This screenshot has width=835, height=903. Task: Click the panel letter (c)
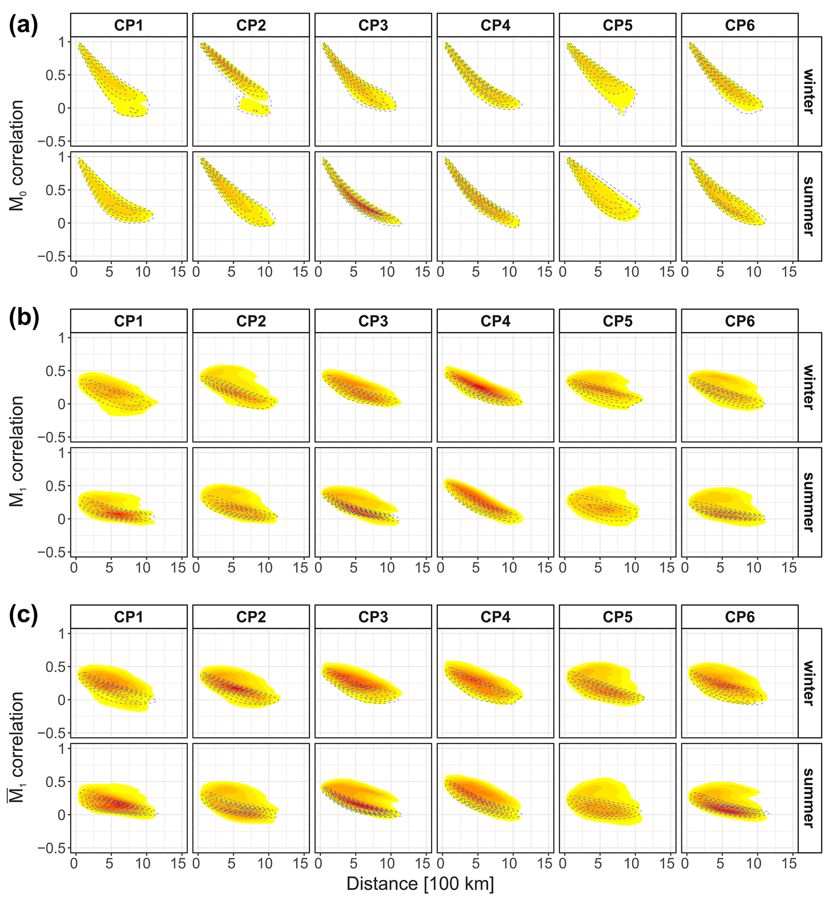coord(23,615)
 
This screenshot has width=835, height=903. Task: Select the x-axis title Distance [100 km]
coord(420,884)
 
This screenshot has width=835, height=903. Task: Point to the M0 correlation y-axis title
coord(17,156)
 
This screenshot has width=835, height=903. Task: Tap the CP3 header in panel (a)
coord(373,25)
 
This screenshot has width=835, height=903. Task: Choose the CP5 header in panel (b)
coord(617,321)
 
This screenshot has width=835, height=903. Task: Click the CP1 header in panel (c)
coord(128,617)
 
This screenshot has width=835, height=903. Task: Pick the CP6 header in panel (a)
coord(740,25)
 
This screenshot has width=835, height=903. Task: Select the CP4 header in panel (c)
coord(495,617)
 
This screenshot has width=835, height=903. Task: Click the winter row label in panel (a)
coord(809,91)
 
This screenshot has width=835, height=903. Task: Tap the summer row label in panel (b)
coord(809,502)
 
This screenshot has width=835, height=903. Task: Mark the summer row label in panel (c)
coord(809,798)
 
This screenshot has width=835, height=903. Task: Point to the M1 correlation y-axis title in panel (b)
coord(17,452)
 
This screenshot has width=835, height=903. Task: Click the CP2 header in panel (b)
coord(251,321)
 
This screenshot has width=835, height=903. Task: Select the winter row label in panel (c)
coord(809,683)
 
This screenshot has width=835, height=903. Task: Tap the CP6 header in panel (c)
coord(740,617)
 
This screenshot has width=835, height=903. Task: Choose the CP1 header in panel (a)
coord(128,25)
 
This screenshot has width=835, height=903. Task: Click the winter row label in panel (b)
coord(809,387)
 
